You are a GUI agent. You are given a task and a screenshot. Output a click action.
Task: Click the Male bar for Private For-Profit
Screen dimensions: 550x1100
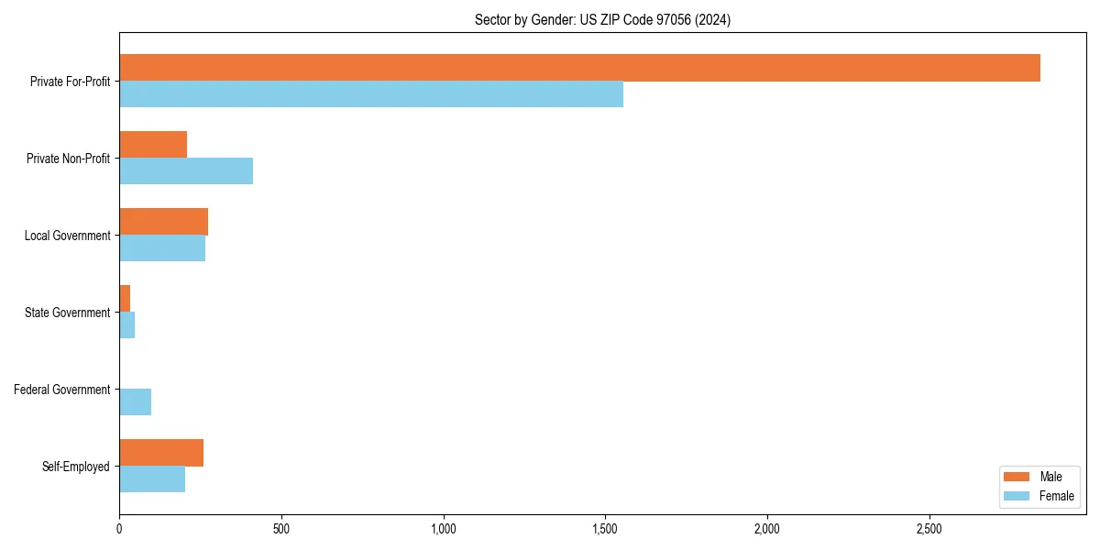click(579, 68)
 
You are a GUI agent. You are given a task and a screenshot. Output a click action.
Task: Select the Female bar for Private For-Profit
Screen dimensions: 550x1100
click(371, 94)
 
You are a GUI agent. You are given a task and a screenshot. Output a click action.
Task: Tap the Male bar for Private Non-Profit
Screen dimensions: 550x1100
click(153, 145)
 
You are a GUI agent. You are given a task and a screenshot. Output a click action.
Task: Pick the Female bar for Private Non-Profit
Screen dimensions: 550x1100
click(186, 171)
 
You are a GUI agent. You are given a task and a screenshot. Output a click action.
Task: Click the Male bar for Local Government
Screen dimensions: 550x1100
click(163, 222)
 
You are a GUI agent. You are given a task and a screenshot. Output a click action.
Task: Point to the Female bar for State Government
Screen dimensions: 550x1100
click(127, 325)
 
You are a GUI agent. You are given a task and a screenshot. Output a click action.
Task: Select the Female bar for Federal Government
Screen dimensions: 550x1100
click(135, 402)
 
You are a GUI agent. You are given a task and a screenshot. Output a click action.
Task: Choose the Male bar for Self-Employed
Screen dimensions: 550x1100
click(161, 453)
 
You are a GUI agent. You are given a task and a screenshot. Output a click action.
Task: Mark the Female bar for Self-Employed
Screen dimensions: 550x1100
click(152, 479)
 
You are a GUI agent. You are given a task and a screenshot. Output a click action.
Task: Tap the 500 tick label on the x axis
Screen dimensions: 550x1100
click(281, 529)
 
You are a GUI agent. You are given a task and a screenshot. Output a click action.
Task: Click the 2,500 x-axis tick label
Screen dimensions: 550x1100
click(929, 529)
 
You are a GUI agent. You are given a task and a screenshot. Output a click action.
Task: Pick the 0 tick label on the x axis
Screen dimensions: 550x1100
click(119, 529)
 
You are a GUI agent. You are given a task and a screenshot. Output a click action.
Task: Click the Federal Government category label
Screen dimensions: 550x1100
click(62, 390)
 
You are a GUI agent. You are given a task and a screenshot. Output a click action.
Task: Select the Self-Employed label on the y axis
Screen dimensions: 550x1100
click(76, 467)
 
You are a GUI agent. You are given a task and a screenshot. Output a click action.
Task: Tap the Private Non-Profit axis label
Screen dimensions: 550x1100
click(68, 159)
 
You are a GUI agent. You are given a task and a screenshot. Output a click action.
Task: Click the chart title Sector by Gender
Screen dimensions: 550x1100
click(602, 19)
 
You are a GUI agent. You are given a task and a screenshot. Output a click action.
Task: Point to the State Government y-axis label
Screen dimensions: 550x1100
click(68, 313)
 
